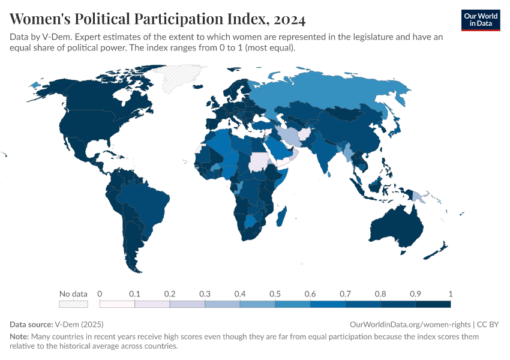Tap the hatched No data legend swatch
point(73,304)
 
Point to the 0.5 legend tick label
point(275,294)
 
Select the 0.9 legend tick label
point(415,294)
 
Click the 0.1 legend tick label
point(134,294)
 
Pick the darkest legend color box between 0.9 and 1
point(433,304)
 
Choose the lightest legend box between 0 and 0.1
point(117,304)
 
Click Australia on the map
point(396,228)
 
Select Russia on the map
point(336,96)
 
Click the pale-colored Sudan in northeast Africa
point(259,162)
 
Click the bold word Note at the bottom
point(19,337)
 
